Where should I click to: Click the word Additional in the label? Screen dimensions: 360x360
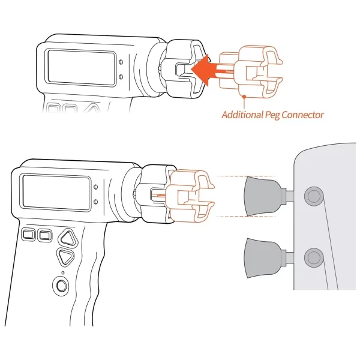point(242,115)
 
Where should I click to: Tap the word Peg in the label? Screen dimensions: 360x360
point(272,115)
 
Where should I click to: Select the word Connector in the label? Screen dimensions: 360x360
point(302,115)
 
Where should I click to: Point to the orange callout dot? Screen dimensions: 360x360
point(244,97)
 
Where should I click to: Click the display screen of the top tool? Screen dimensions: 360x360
point(81,67)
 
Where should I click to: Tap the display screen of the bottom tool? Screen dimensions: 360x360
point(56,193)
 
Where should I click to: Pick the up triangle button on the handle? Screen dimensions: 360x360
point(68,238)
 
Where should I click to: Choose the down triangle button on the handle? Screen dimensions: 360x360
point(65,257)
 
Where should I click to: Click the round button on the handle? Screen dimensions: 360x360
point(61,286)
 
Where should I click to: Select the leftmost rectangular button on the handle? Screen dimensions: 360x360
point(28,235)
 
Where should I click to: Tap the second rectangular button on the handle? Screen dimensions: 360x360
point(45,235)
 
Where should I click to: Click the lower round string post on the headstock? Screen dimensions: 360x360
point(314,257)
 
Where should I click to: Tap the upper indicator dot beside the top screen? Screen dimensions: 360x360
point(121,62)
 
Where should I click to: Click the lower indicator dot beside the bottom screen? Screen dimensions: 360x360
point(96,202)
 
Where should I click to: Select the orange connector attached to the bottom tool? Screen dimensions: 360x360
point(190,196)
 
